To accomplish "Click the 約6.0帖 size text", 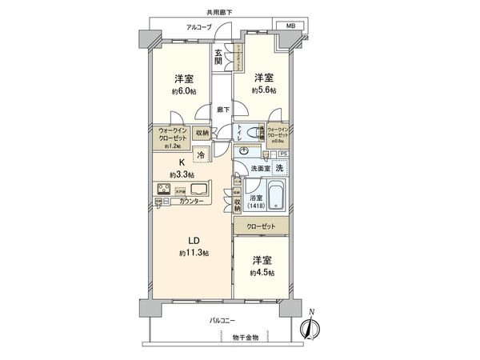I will point(183,91).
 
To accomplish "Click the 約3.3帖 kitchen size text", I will point(182,174).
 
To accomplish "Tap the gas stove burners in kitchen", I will point(163,190).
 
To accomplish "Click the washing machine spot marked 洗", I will point(279,168).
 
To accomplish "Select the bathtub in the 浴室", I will point(276,196).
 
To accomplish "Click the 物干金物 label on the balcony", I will point(246,338).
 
